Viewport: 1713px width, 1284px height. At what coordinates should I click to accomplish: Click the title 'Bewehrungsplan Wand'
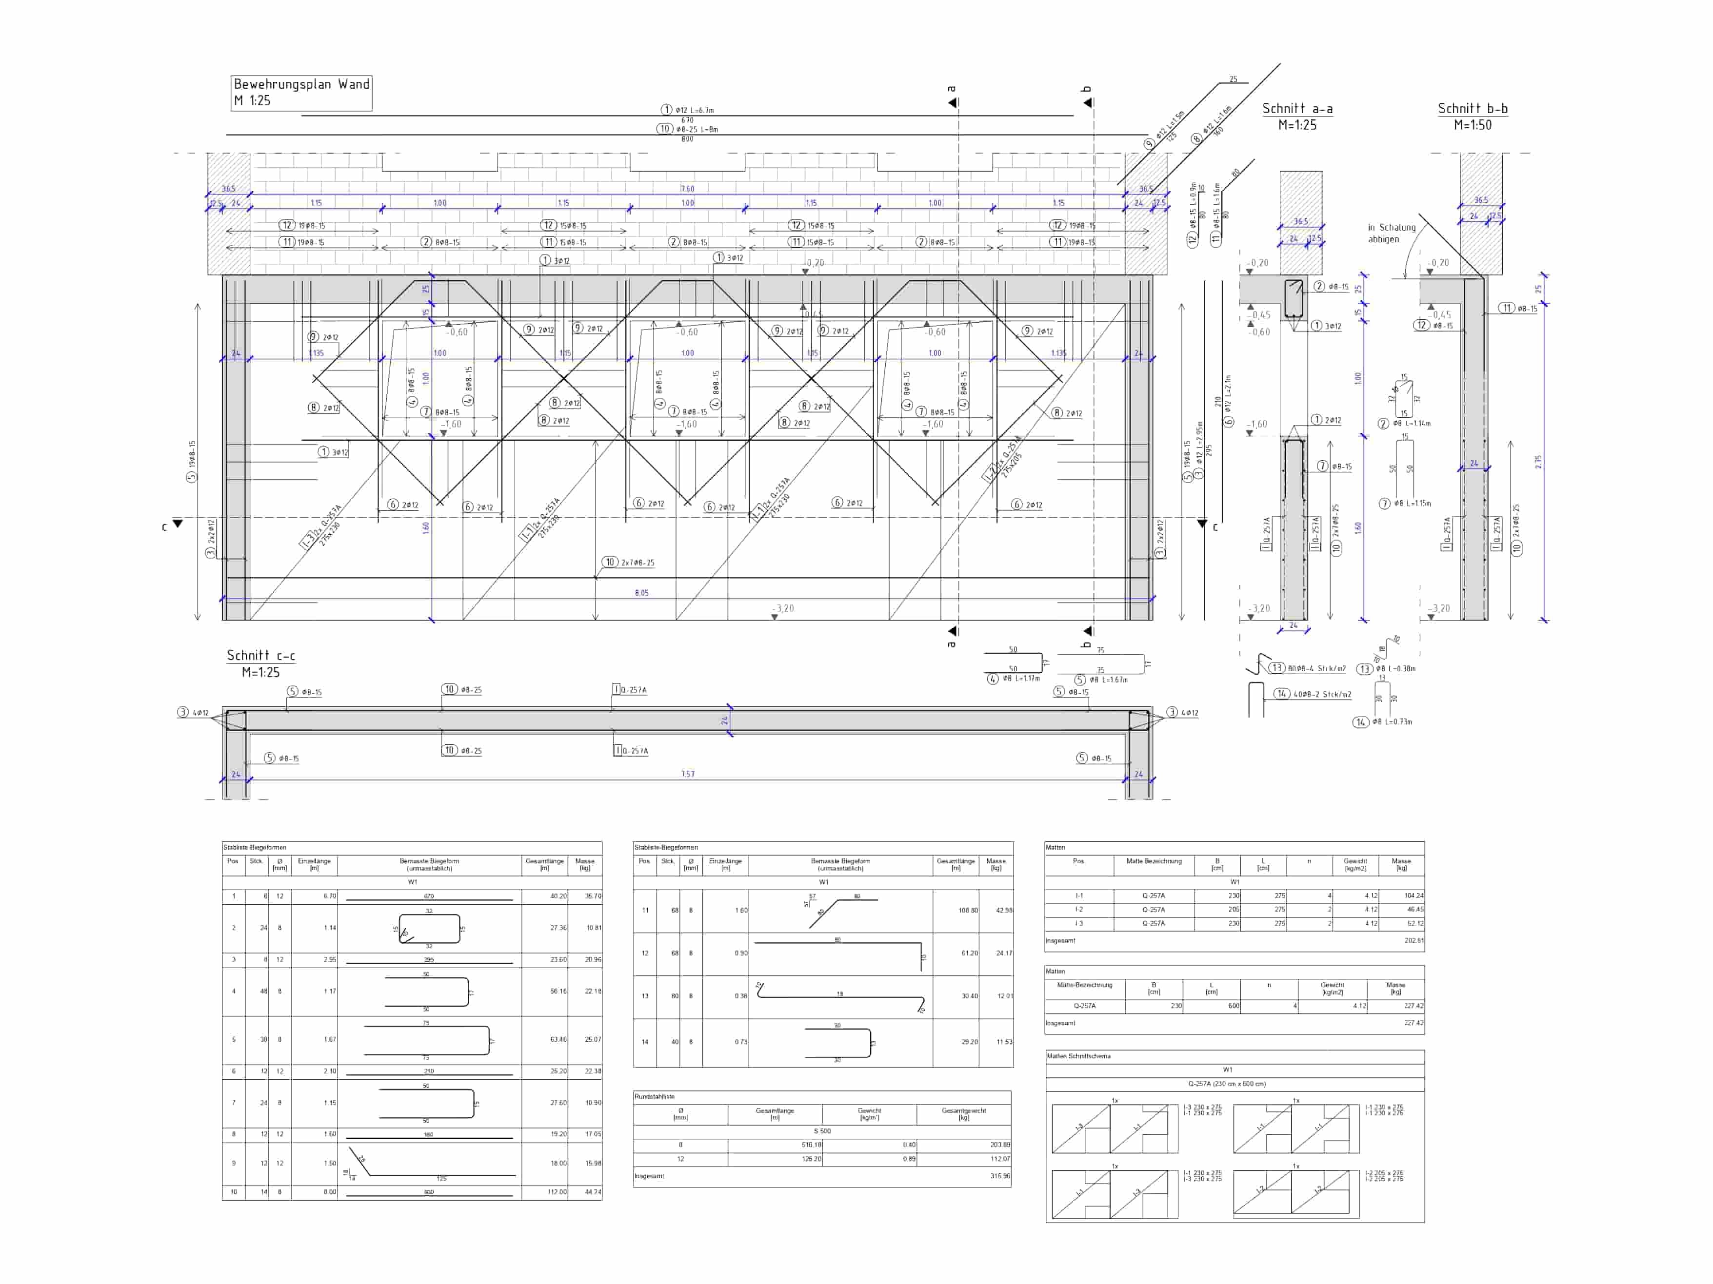[x=301, y=84]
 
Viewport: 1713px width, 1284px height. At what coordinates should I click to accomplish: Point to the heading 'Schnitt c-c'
[x=261, y=656]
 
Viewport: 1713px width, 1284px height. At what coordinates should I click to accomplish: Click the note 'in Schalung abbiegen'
[x=1391, y=233]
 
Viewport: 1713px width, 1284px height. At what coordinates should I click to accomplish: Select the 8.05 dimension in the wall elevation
[x=641, y=593]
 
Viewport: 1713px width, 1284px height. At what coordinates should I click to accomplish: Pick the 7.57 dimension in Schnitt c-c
[x=688, y=774]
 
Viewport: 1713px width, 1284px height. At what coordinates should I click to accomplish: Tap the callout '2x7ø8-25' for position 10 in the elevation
[x=637, y=563]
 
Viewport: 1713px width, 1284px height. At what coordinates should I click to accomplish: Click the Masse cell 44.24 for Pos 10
[x=593, y=1192]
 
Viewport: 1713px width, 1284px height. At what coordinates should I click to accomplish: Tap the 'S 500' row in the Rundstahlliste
[x=822, y=1131]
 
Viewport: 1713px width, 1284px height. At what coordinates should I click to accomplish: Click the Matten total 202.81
[x=1414, y=940]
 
